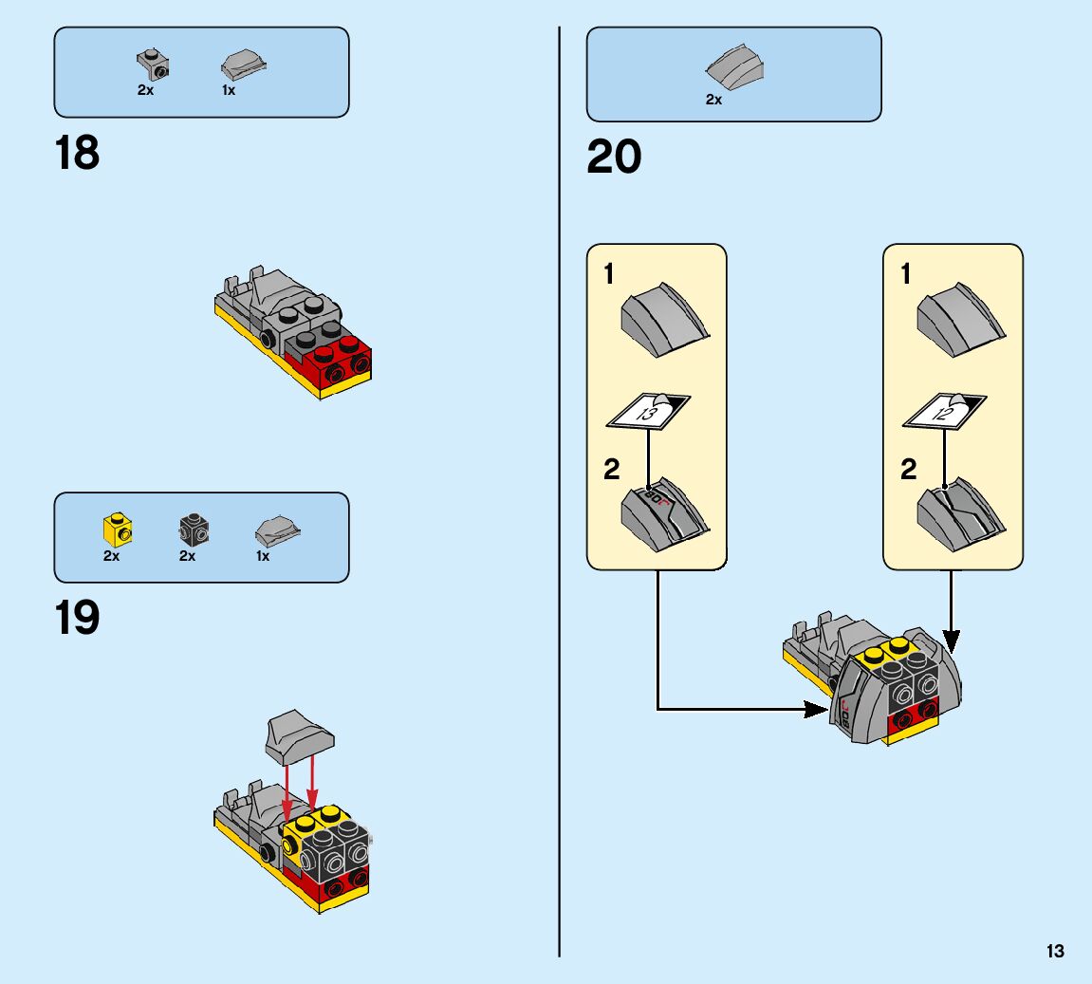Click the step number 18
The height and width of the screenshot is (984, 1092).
(x=78, y=154)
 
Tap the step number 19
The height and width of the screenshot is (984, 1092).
(x=78, y=619)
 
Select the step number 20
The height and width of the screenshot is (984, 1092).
(x=614, y=158)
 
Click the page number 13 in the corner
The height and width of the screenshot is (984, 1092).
(x=1055, y=952)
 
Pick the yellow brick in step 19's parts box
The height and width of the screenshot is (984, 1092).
(x=117, y=529)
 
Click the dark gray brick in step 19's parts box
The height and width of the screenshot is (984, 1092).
(x=194, y=529)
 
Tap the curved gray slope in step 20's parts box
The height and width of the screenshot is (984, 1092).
(x=735, y=66)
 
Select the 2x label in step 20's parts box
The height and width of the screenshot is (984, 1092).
(x=713, y=100)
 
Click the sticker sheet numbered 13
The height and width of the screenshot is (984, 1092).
(x=649, y=411)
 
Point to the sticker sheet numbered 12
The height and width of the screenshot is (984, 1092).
(x=945, y=411)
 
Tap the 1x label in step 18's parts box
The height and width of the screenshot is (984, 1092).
(x=229, y=91)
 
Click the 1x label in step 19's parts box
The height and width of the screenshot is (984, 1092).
(x=263, y=557)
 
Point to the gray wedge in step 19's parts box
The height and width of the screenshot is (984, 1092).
(x=277, y=530)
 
